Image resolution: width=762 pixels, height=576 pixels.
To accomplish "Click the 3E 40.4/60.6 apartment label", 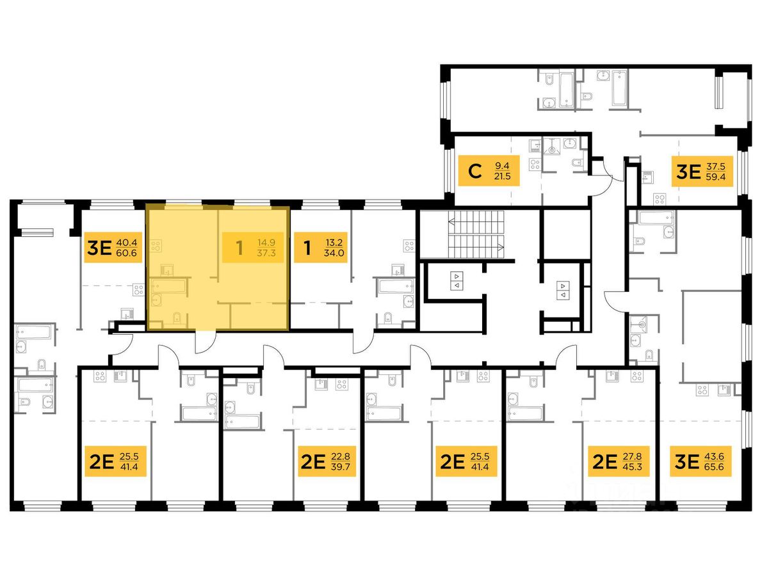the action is coord(113,248).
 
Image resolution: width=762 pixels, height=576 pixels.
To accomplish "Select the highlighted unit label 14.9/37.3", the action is coord(253,248).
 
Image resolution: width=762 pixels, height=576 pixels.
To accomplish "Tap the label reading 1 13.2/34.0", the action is coord(321,248).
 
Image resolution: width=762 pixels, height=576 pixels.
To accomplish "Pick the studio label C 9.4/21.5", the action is coord(489,171).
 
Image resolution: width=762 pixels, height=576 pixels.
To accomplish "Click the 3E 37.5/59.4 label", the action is coord(702,172).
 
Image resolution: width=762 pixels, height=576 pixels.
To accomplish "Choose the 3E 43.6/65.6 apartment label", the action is coord(701,461).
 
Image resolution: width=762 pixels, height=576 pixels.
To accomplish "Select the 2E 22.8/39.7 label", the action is coord(326,461).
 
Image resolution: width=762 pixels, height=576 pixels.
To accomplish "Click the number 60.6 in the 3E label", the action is coord(126,253).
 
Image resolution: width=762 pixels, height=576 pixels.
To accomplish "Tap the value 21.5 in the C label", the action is coord(502,176).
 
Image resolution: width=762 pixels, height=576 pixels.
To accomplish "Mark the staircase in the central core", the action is coord(476,235).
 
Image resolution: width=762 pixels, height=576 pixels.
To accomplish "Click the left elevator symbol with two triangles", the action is coord(457,281).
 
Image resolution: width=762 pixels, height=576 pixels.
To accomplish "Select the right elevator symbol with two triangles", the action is coord(563,290).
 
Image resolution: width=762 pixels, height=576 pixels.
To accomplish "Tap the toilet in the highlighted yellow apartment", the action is coord(178,319).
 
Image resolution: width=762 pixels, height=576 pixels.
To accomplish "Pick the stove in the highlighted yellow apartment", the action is coord(156,246).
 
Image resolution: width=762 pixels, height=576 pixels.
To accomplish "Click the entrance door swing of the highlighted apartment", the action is coord(205,341).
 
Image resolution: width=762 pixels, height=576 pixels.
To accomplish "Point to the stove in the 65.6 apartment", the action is coord(702,390).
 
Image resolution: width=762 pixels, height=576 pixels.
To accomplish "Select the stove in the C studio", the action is coord(535,164).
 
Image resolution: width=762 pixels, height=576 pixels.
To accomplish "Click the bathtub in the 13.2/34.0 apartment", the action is coord(395,286).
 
